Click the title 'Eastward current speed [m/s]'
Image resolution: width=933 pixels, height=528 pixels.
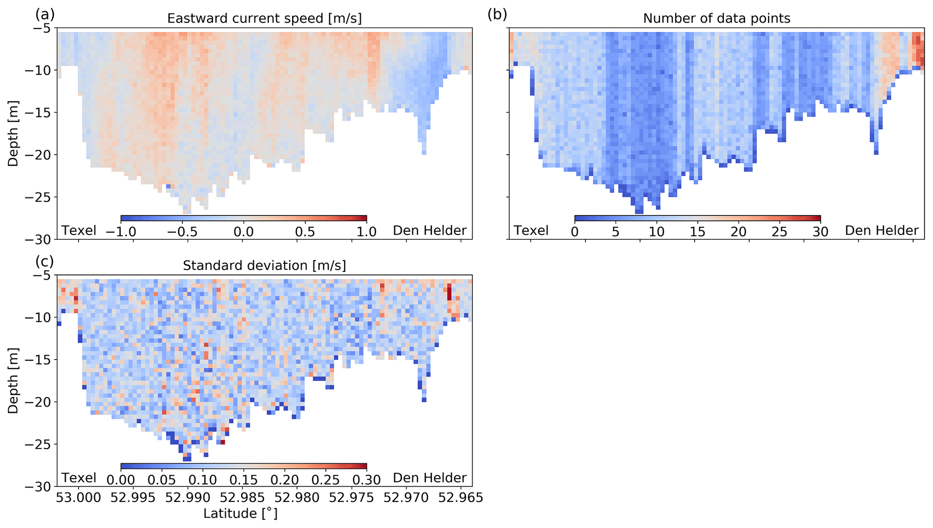(264, 18)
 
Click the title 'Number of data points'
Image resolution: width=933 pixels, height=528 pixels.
(716, 18)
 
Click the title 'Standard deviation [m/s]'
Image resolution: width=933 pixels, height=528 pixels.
(264, 266)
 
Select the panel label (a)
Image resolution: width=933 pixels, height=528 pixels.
(45, 14)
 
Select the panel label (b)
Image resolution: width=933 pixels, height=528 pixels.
(497, 14)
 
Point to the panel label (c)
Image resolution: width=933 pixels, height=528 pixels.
(45, 262)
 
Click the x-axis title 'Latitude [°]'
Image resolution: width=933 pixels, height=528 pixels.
(240, 514)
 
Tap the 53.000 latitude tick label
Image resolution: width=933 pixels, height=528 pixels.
(79, 498)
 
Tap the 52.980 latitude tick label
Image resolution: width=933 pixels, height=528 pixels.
(297, 498)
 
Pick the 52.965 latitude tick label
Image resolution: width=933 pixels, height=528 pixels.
(461, 498)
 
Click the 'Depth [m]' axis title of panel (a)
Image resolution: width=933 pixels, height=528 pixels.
(13, 134)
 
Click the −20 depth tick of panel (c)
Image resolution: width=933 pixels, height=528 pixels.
(38, 402)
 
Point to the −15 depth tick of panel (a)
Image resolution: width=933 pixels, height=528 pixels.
(38, 112)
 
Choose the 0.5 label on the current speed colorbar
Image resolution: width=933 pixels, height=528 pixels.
(305, 232)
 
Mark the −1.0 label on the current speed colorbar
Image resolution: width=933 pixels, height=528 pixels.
(121, 232)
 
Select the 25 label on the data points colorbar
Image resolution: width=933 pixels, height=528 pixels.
(779, 232)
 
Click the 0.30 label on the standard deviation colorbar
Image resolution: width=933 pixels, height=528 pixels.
(366, 479)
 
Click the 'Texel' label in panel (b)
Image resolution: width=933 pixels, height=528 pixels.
(531, 230)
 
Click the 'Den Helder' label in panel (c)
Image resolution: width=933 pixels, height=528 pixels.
(429, 477)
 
